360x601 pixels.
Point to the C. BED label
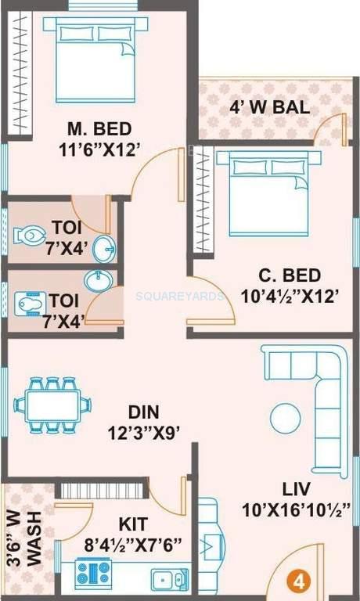point(290,275)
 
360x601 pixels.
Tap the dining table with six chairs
point(47,405)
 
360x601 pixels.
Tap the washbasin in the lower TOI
point(96,280)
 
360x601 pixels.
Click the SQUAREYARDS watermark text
point(180,297)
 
